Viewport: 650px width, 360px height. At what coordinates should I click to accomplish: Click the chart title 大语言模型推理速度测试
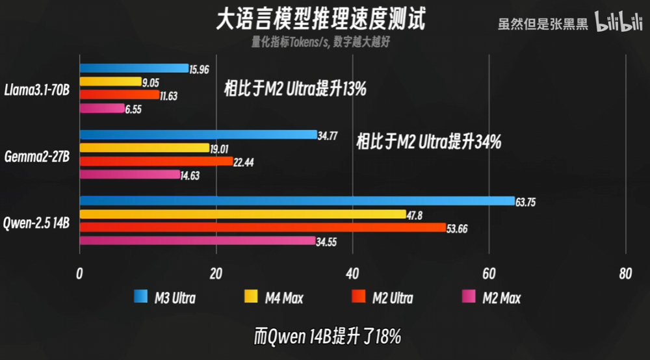[321, 19]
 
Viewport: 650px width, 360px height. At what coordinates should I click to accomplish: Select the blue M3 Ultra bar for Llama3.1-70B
[133, 68]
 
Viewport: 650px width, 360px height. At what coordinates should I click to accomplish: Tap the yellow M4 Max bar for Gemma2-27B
[144, 148]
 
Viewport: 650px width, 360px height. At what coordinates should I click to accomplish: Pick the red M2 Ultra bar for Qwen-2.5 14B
[262, 227]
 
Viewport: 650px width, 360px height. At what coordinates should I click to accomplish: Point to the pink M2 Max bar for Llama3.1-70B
[101, 108]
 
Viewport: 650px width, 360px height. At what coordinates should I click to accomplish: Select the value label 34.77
[327, 135]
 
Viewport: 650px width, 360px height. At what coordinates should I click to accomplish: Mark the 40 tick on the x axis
[352, 274]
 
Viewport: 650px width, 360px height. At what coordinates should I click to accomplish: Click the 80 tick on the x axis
[625, 274]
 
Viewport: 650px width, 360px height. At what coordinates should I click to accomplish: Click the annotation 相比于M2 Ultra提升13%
[295, 89]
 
